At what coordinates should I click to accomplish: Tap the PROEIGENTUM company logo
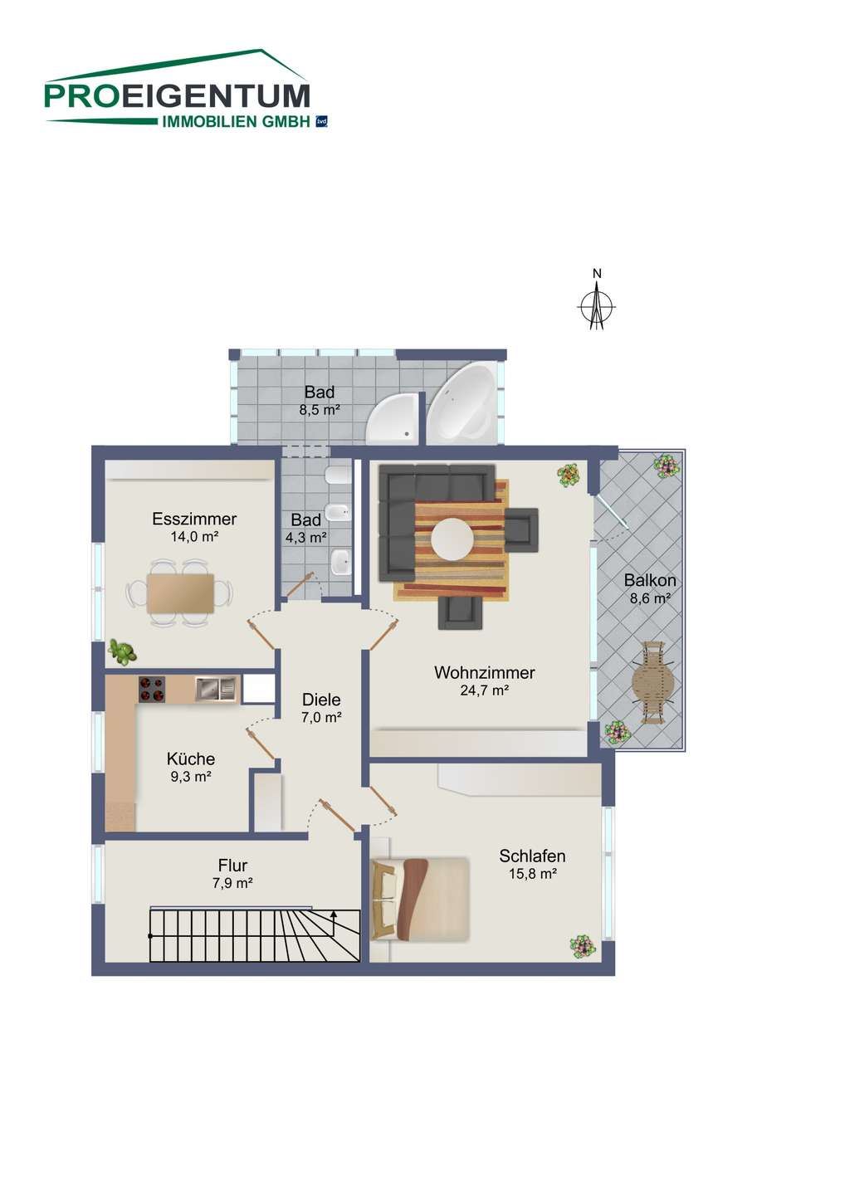[186, 89]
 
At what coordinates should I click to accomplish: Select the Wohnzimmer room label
[485, 673]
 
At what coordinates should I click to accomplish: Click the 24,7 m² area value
[485, 690]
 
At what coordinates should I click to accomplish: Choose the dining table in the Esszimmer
[180, 593]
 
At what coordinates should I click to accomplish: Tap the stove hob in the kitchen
[152, 689]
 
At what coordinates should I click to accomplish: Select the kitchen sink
[216, 688]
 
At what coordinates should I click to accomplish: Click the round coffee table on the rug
[452, 539]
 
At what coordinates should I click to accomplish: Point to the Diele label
[321, 700]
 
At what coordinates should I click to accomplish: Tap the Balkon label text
[650, 580]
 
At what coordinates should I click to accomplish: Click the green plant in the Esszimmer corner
[122, 652]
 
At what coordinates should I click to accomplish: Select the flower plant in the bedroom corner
[583, 947]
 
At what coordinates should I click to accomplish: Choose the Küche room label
[191, 758]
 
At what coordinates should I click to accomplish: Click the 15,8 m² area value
[533, 874]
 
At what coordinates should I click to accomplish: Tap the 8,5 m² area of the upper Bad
[320, 410]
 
